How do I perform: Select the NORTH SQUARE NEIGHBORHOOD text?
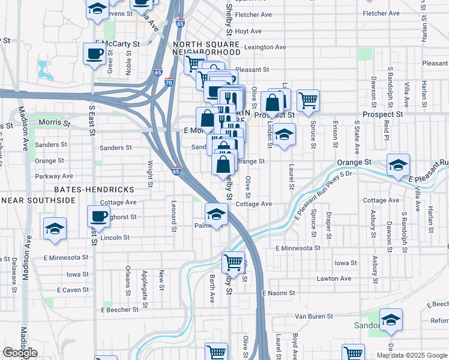pyautogui.click(x=206, y=49)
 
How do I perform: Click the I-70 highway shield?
pyautogui.click(x=170, y=83)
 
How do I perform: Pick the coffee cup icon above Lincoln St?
pyautogui.click(x=99, y=216)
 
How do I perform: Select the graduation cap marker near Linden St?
pyautogui.click(x=285, y=134)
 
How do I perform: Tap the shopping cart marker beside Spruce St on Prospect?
pyautogui.click(x=308, y=101)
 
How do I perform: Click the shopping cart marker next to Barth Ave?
pyautogui.click(x=233, y=262)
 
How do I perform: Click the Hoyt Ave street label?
pyautogui.click(x=248, y=31)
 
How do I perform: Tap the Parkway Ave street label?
pyautogui.click(x=54, y=176)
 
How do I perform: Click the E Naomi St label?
pyautogui.click(x=279, y=293)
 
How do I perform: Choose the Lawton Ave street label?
pyautogui.click(x=334, y=278)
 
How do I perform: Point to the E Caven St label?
pyautogui.click(x=73, y=290)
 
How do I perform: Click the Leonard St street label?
pyautogui.click(x=173, y=217)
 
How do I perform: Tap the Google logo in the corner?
pyautogui.click(x=20, y=353)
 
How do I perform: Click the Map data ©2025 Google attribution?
pyautogui.click(x=411, y=355)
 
